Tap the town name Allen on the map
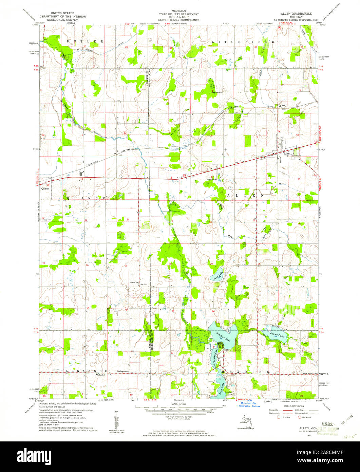[287, 154]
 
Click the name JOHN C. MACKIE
[180, 17]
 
